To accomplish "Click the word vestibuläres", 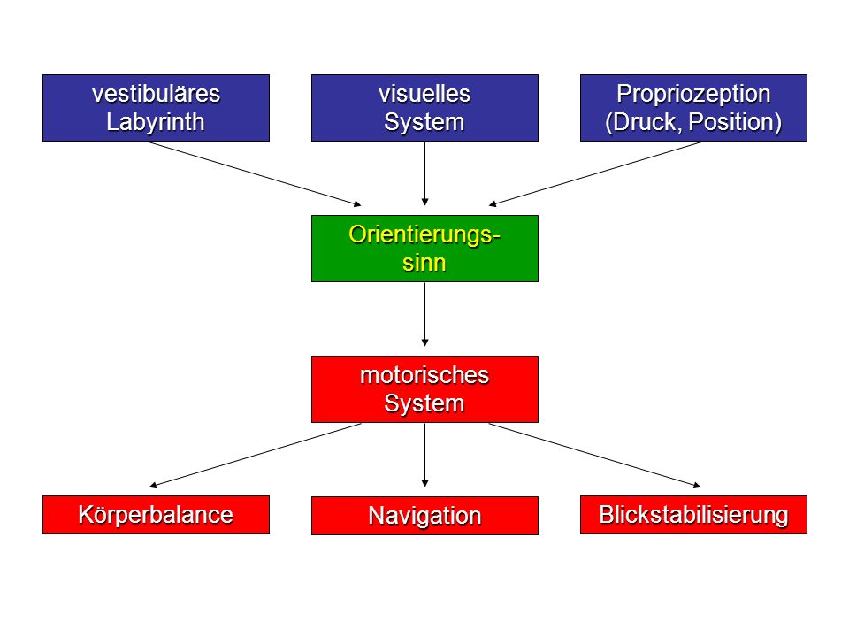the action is click(x=156, y=94).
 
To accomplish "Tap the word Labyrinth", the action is click(x=156, y=122).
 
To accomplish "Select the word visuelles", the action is click(x=424, y=94).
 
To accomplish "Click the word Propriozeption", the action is click(x=693, y=95).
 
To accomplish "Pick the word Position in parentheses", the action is click(x=731, y=122).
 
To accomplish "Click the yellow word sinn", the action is click(x=424, y=263).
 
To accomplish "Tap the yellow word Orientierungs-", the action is click(x=424, y=235).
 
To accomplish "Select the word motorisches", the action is click(x=424, y=375).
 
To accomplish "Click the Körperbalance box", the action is click(x=156, y=515).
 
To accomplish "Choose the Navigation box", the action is click(x=425, y=516).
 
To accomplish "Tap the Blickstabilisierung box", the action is click(x=693, y=515).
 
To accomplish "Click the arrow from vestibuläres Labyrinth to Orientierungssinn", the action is click(x=256, y=174).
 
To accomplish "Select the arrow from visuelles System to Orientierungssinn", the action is click(x=425, y=174).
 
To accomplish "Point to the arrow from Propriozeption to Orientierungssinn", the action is click(x=594, y=174).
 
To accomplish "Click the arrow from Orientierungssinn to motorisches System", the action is click(x=425, y=314).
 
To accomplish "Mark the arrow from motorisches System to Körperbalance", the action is click(x=256, y=456).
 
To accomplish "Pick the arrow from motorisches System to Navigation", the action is click(x=425, y=455).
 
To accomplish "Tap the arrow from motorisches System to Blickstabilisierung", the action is click(x=594, y=456).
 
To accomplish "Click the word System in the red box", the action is click(x=424, y=403).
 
